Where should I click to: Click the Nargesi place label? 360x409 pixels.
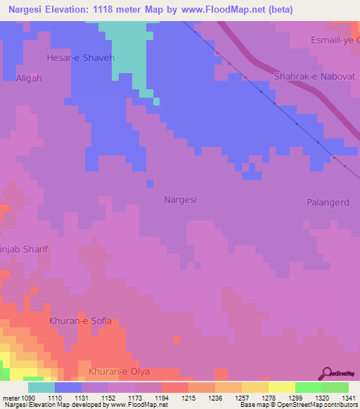[180, 200]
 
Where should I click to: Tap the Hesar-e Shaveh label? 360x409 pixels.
[80, 58]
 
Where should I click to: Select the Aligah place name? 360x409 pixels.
[29, 79]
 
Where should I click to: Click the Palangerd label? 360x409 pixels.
[328, 202]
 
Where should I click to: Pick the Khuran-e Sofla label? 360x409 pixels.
[80, 321]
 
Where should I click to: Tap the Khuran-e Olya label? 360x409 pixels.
[124, 371]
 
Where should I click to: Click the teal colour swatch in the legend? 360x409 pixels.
[41, 387]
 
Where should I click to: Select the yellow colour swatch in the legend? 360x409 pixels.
[281, 387]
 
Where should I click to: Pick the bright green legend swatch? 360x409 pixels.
[308, 387]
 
